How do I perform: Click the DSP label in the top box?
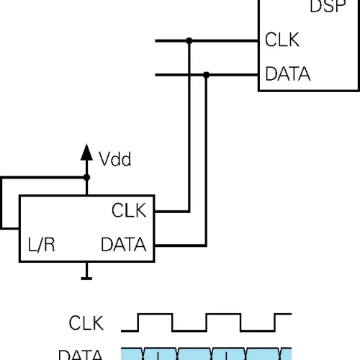(x=335, y=8)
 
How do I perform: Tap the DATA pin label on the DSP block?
(x=288, y=74)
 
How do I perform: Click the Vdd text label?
(x=115, y=159)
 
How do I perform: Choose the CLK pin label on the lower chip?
(x=129, y=211)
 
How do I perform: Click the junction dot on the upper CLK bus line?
(x=189, y=41)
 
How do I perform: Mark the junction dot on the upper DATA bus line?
(x=207, y=73)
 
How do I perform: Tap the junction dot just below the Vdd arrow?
(x=86, y=177)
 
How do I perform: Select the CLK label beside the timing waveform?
(x=86, y=323)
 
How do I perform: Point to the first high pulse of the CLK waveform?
(x=156, y=315)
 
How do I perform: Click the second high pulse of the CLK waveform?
(x=223, y=315)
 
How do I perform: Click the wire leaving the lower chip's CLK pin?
(x=173, y=212)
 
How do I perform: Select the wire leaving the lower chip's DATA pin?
(x=180, y=245)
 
